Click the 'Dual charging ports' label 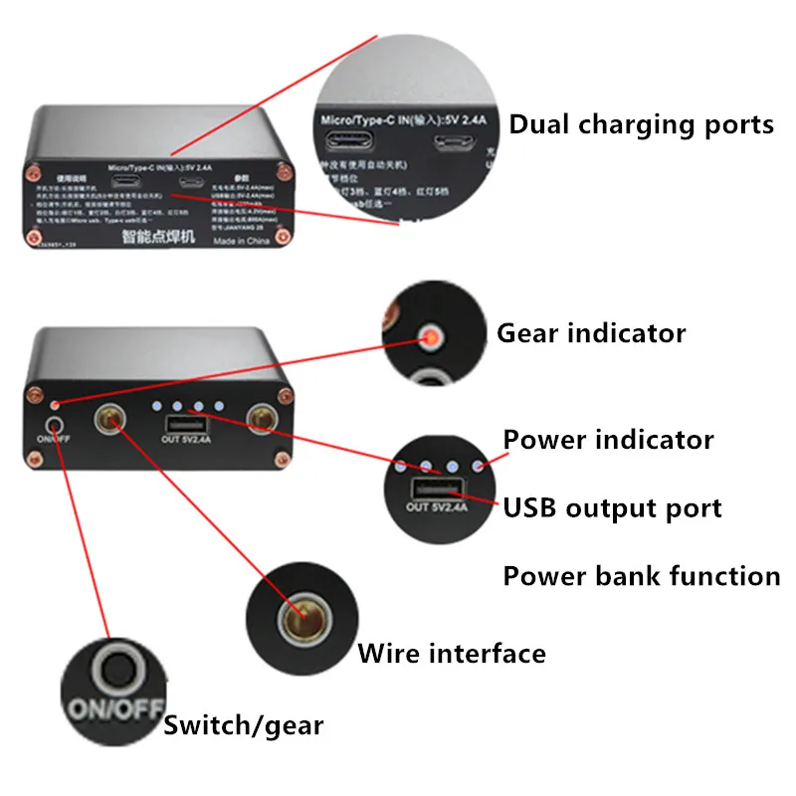click(641, 125)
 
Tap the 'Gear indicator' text click(591, 332)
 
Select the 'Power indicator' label click(608, 439)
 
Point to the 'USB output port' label click(612, 508)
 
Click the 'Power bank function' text click(641, 576)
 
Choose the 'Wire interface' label click(452, 654)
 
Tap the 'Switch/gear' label click(244, 725)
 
